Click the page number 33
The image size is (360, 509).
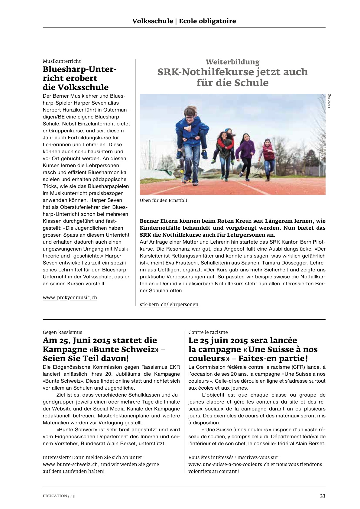(323, 496)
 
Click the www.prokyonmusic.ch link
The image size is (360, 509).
(70, 298)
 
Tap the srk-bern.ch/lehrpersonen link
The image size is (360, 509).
(169, 305)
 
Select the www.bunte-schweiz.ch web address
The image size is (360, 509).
(70, 465)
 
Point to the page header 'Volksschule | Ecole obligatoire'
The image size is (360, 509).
(184, 21)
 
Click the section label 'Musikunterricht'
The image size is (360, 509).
(62, 61)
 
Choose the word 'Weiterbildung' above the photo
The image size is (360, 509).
(232, 62)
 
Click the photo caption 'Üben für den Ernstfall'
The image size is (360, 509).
(163, 200)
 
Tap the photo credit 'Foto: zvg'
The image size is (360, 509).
(329, 101)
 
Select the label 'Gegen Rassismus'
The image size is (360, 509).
(62, 332)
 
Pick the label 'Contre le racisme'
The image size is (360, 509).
(208, 332)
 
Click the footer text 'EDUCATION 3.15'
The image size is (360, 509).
(59, 496)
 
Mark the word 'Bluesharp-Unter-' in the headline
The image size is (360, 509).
(79, 69)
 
